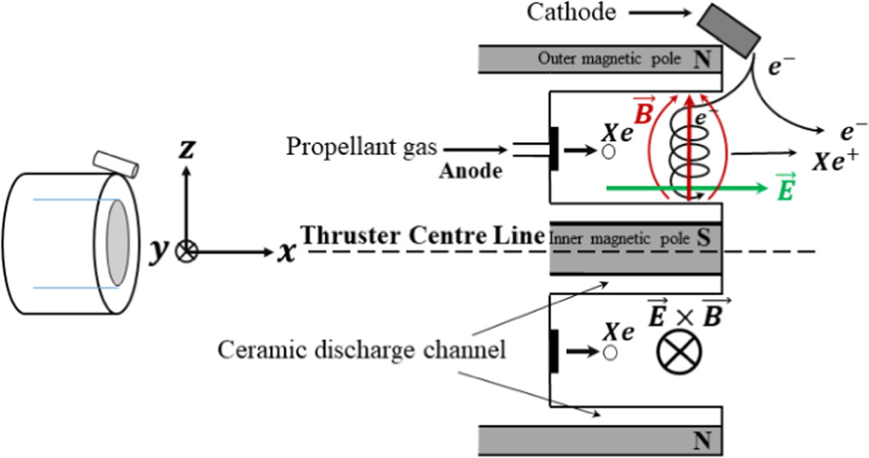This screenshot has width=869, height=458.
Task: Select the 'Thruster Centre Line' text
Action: click(x=423, y=235)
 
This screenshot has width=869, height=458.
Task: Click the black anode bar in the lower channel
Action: click(x=555, y=351)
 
